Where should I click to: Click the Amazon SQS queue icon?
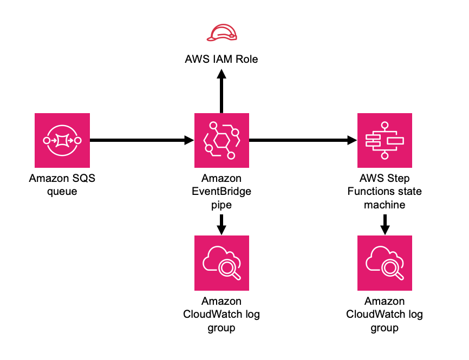(x=62, y=141)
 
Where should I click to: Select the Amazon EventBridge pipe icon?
(x=222, y=141)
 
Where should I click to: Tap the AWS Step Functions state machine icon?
(x=385, y=141)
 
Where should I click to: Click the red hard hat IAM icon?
(x=222, y=34)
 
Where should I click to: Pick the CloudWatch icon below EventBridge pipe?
(x=222, y=263)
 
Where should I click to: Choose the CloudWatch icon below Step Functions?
(x=385, y=263)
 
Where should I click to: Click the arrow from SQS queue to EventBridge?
(x=141, y=141)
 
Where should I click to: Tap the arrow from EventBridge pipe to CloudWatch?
(x=222, y=223)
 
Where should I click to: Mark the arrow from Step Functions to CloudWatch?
(x=385, y=223)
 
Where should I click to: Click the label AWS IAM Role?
(x=222, y=59)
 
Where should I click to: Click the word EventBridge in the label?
(x=222, y=191)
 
